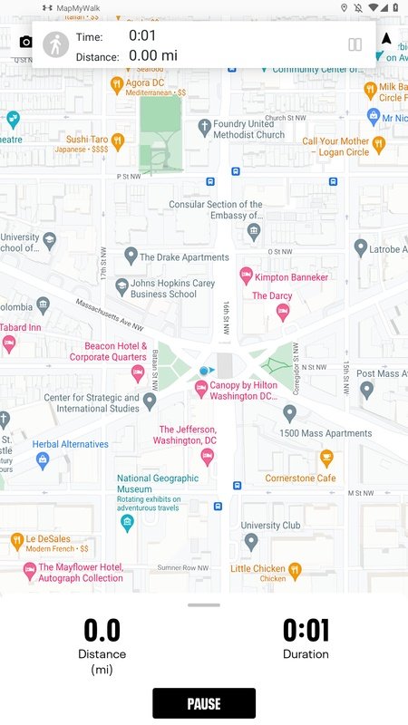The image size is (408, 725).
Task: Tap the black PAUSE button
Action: coord(204,703)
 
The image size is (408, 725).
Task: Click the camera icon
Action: coord(25,43)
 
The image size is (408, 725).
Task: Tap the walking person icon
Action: coord(56,44)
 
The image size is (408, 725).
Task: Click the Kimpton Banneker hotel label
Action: coord(291,276)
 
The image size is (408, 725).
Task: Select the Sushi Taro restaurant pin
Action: coord(117,140)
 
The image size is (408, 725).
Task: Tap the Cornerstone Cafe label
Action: coord(300,478)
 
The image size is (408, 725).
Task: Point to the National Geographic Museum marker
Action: coord(127,522)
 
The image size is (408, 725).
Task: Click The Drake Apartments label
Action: coord(184,257)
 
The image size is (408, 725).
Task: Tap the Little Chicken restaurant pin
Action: coord(295,569)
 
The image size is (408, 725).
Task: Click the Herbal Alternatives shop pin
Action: coord(42,459)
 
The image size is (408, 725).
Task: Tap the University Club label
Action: coord(270,525)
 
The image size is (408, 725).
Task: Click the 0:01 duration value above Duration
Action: coord(306,630)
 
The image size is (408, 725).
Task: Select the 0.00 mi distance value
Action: coord(153,55)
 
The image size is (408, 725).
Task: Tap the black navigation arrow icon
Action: coord(386,39)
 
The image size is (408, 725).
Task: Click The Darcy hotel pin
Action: coord(281,312)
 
